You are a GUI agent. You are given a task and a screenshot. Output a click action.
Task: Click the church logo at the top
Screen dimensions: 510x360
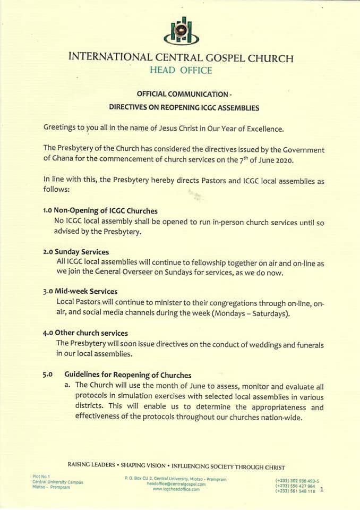point(181,31)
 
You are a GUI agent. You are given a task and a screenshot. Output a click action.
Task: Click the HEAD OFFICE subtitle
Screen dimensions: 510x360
point(181,70)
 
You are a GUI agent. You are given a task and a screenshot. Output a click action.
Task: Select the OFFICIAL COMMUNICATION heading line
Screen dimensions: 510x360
point(184,94)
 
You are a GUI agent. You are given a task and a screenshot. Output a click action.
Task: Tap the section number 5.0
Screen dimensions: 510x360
point(47,375)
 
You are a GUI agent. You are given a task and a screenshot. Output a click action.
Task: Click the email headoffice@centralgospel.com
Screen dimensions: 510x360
point(176,484)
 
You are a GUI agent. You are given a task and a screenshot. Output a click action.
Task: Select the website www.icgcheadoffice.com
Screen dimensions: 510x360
point(176,489)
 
